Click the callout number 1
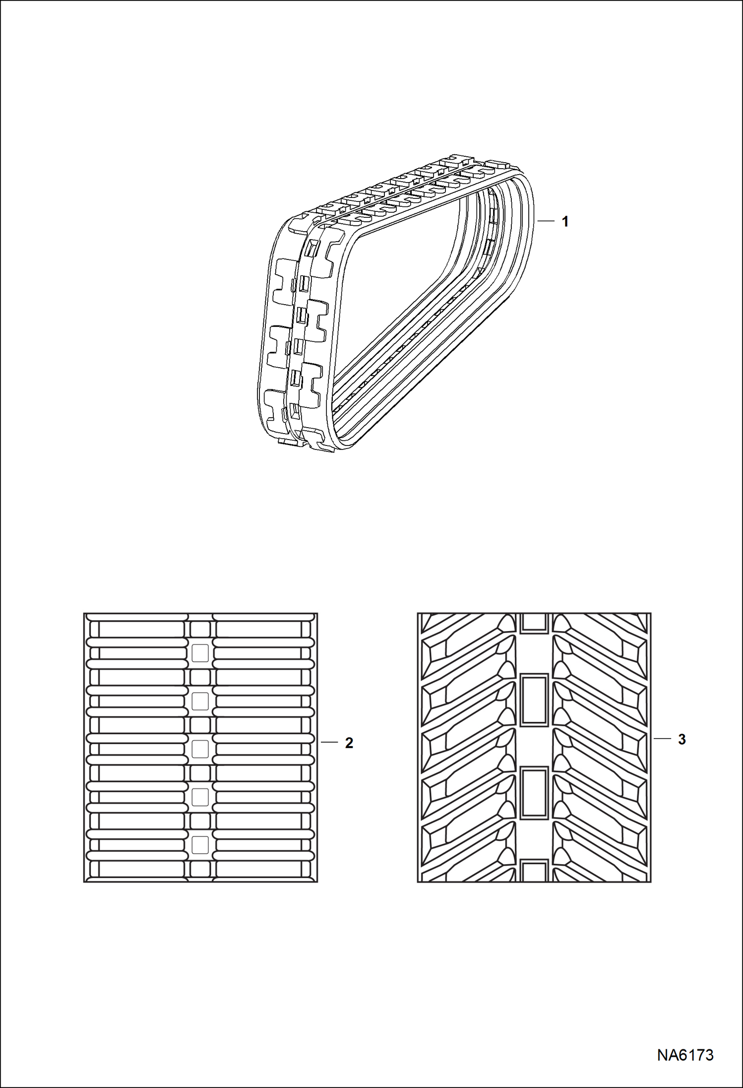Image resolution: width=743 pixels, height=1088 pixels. (564, 222)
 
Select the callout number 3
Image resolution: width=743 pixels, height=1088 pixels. (682, 739)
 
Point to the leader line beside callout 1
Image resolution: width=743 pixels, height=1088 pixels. (547, 221)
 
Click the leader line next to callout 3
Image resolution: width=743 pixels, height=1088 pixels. (663, 739)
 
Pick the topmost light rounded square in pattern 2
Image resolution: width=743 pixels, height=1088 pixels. (200, 653)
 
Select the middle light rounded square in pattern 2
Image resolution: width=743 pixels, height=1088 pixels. (200, 748)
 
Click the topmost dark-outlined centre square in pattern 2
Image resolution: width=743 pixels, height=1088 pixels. (200, 630)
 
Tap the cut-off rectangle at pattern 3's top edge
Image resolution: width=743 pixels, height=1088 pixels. (534, 622)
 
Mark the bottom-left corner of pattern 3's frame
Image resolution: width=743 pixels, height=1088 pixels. (418, 882)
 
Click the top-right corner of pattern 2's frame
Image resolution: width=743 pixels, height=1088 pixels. (317, 614)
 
